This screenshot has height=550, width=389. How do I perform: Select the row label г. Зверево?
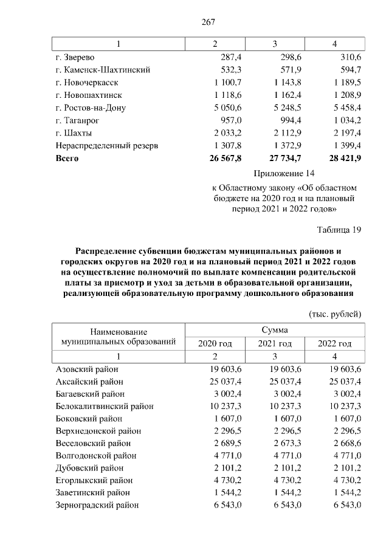click(x=76, y=57)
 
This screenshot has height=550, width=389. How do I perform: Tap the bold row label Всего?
click(x=67, y=159)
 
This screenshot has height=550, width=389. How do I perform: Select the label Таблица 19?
click(x=339, y=230)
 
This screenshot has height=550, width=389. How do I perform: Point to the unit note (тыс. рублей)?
click(x=336, y=314)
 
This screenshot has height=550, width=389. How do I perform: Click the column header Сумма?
click(x=274, y=329)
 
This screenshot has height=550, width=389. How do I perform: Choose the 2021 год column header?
click(x=274, y=343)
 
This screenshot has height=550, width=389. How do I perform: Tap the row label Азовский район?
click(x=87, y=369)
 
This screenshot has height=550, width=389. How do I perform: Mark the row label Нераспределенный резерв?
click(x=106, y=146)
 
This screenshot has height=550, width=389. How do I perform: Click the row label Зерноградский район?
click(x=97, y=505)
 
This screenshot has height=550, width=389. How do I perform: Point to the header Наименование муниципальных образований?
click(x=119, y=336)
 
